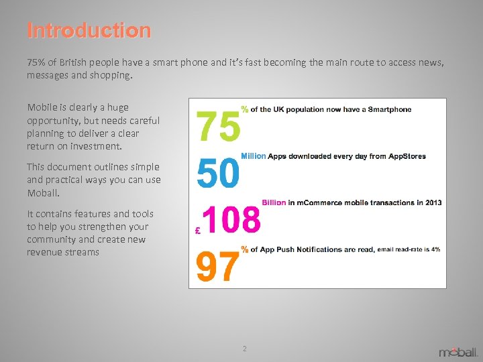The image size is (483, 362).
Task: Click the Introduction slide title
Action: tap(89, 31)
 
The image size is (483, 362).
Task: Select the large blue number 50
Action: tap(217, 174)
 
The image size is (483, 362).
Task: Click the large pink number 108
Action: tap(231, 220)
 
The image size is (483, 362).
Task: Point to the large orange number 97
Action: tap(217, 266)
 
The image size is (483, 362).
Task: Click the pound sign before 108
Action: tap(197, 230)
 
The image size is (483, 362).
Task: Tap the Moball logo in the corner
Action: tap(458, 351)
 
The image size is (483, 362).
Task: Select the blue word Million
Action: tap(254, 156)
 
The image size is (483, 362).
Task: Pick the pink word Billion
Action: tap(274, 202)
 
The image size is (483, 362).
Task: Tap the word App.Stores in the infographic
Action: tap(405, 156)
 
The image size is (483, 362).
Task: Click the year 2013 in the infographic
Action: tap(432, 202)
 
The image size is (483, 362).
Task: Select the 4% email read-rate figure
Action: tap(435, 249)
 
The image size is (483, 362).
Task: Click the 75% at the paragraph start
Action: tap(36, 62)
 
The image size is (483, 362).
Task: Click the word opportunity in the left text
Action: tap(52, 121)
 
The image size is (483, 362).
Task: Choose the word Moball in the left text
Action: tap(42, 192)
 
